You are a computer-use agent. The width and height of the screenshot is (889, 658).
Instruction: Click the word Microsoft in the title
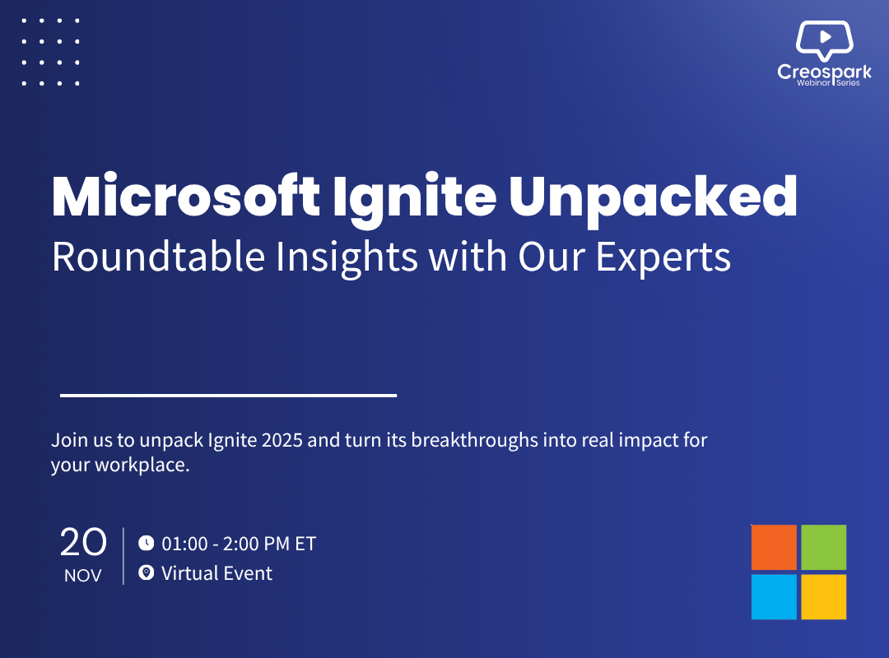186,196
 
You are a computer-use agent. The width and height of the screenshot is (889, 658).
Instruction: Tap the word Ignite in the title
414,200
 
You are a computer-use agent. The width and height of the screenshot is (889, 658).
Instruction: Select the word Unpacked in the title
653,200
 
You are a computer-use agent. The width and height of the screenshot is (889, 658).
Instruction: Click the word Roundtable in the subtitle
158,257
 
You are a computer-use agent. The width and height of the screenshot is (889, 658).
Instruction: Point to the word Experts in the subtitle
663,259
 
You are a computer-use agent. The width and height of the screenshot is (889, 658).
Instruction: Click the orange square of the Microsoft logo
774,548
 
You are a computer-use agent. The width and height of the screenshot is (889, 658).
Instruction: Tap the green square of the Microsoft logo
824,548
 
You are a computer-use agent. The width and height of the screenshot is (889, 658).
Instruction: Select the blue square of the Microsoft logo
774,597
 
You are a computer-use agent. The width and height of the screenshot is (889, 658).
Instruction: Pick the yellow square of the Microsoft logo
824,597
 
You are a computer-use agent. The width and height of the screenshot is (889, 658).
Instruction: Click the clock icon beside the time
147,543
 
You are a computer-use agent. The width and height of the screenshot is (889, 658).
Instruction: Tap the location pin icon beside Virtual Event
147,573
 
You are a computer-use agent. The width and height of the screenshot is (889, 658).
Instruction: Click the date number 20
83,542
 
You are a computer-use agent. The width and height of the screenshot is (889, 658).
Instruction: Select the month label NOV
83,576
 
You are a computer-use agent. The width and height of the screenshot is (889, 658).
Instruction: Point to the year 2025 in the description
282,440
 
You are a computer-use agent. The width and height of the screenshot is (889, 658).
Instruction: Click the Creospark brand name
824,72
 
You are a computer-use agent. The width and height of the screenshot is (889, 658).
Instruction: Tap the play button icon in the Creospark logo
826,37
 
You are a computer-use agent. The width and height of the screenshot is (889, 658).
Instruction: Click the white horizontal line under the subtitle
229,395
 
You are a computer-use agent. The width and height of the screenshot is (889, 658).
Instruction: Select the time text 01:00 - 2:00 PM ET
239,544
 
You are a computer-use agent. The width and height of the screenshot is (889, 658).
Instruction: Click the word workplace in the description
142,466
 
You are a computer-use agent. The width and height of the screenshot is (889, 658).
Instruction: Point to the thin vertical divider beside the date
123,556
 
